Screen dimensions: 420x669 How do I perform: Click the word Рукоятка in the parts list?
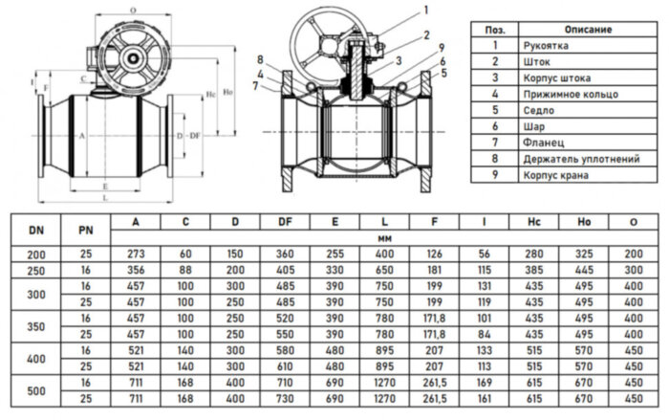(x=542, y=45)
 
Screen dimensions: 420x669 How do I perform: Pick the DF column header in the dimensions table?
(x=285, y=223)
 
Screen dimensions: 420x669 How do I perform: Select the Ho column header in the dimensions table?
(x=584, y=223)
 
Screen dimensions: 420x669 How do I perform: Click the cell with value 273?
(x=136, y=253)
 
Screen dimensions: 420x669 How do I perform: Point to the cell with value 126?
(x=435, y=253)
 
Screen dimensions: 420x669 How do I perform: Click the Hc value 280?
(x=534, y=253)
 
